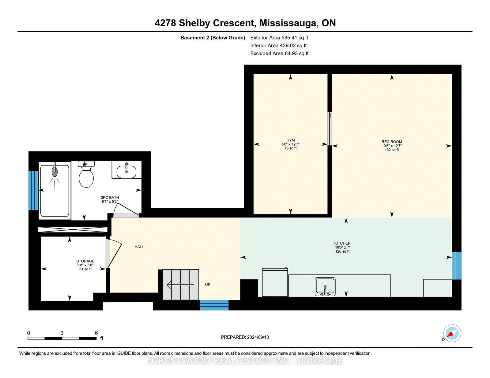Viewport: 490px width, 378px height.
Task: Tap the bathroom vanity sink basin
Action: tap(126, 172)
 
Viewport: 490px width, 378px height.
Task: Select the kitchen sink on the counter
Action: tap(325, 286)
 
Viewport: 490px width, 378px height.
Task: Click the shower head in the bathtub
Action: tap(55, 171)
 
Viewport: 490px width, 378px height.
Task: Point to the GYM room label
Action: tap(290, 140)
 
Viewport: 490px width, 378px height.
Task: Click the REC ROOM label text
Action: tap(392, 142)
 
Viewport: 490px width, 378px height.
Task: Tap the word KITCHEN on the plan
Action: tap(342, 243)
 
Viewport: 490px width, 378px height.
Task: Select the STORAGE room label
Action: tap(85, 261)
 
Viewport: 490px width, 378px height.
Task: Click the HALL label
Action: tap(139, 247)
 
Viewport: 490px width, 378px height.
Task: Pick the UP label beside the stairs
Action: tap(207, 284)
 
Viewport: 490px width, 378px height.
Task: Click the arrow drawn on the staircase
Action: tap(180, 285)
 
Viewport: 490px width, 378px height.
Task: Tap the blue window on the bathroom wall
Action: tap(33, 190)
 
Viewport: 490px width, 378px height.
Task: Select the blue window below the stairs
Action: tap(214, 305)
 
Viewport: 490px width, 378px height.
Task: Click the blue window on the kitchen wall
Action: tap(457, 265)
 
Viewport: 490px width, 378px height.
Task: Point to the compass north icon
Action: tap(452, 333)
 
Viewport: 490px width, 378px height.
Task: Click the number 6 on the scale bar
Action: tap(96, 333)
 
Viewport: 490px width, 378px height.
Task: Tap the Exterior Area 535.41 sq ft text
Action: tap(279, 38)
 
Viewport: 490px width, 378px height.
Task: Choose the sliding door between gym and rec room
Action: tap(330, 129)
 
